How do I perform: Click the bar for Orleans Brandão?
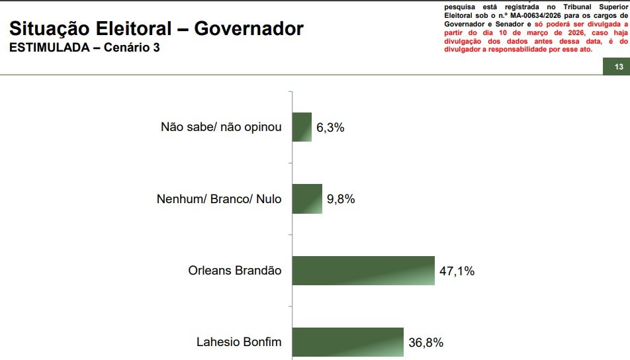pos(363,270)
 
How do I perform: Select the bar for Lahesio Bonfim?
pos(347,342)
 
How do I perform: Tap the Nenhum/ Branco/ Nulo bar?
pos(307,199)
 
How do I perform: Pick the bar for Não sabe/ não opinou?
pos(302,127)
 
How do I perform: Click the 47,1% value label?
pos(457,271)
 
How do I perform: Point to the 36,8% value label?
pos(426,343)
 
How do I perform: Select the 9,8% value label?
pos(341,199)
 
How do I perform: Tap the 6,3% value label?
pos(330,128)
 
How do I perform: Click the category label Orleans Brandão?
pos(235,271)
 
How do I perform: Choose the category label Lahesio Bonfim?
pos(239,343)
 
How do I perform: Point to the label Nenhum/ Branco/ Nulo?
pos(218,199)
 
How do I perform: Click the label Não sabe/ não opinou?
pos(221,128)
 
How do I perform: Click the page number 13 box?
pos(619,67)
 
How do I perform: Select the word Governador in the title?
pos(249,28)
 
